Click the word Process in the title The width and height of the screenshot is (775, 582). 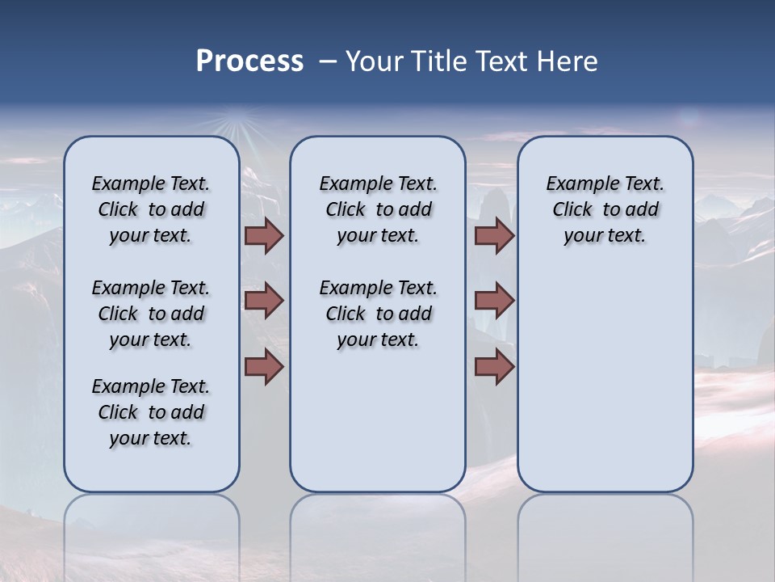[x=249, y=61]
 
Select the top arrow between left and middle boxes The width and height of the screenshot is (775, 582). [x=264, y=236]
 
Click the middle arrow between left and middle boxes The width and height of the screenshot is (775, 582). [x=264, y=301]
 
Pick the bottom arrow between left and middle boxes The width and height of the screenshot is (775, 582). [x=264, y=367]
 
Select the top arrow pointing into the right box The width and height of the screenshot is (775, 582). [x=494, y=236]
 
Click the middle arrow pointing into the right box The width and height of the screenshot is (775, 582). [x=494, y=301]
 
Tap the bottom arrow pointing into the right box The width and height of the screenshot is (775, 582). [x=494, y=367]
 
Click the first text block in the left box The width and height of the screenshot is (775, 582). [x=151, y=210]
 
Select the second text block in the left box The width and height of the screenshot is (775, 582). [x=151, y=314]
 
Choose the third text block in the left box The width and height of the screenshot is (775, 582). [x=151, y=412]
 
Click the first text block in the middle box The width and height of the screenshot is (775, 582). [x=378, y=210]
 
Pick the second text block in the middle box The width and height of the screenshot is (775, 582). [x=378, y=314]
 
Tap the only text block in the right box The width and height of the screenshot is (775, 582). [x=605, y=210]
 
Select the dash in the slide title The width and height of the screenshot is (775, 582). [x=328, y=61]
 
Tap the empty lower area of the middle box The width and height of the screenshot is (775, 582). [x=378, y=420]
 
